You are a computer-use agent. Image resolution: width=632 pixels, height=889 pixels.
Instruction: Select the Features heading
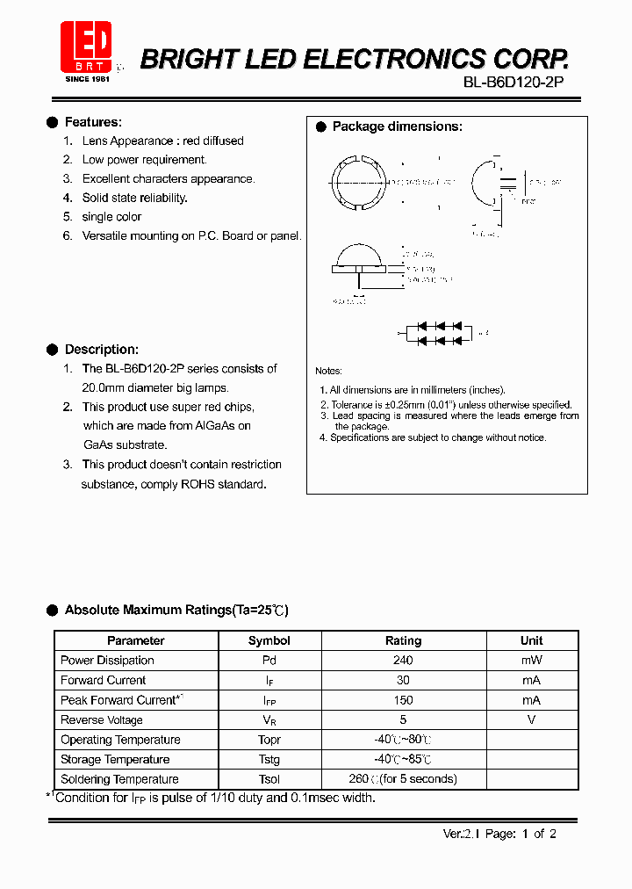click(93, 122)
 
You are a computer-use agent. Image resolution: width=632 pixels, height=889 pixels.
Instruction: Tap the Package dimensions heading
click(397, 126)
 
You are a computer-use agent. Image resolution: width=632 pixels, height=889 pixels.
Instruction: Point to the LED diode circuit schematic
click(436, 333)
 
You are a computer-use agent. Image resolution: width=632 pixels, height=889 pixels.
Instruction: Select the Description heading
click(101, 349)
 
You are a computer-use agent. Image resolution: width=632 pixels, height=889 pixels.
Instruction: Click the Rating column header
click(403, 640)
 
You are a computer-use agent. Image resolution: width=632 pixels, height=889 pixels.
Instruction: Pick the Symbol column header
click(269, 640)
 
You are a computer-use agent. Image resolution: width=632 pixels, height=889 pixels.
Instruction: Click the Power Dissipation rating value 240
click(403, 661)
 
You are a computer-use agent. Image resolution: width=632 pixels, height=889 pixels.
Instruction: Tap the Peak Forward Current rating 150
click(403, 700)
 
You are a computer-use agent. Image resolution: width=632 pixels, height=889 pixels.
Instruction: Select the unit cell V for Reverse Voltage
click(531, 719)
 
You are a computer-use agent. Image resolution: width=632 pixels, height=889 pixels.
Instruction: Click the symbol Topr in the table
click(269, 740)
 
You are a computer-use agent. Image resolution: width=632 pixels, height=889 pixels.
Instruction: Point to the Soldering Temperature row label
click(119, 779)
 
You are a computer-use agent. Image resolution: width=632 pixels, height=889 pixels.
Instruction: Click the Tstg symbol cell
click(269, 759)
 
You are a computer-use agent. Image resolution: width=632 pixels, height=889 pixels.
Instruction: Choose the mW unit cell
click(531, 661)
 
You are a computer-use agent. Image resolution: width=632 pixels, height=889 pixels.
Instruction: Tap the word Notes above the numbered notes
click(328, 371)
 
